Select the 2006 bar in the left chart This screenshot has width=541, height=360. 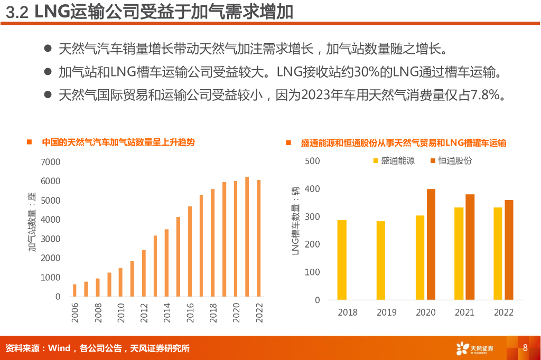(74, 290)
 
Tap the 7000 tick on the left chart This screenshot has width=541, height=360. (51, 162)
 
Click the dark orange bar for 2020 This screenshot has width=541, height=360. (431, 244)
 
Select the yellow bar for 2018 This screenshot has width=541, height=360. (342, 260)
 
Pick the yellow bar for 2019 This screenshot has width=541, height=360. (381, 260)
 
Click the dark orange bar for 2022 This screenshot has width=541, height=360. (509, 250)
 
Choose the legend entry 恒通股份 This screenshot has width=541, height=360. (454, 161)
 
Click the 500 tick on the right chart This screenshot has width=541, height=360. (313, 161)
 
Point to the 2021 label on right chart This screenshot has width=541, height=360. (464, 312)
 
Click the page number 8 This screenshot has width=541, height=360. (525, 348)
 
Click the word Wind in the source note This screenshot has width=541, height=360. (59, 348)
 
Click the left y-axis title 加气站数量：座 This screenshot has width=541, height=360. (33, 222)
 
